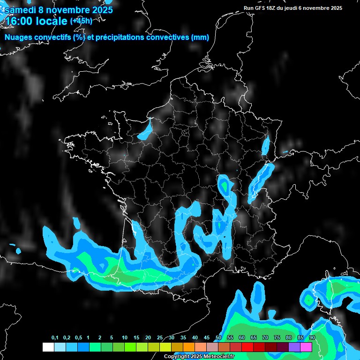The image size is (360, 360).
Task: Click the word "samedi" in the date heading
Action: (20, 10)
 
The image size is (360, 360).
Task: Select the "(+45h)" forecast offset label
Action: (81, 21)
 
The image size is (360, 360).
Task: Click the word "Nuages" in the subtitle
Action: (19, 37)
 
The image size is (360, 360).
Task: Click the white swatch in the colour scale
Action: (48, 347)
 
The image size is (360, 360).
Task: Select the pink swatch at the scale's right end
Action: (306, 347)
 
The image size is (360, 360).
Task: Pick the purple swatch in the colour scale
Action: (294, 347)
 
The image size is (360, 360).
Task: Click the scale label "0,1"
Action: (55, 338)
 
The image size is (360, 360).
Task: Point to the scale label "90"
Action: (312, 338)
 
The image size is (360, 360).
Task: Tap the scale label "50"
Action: (218, 338)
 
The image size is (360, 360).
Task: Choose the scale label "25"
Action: (160, 338)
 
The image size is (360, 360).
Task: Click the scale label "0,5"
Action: (78, 338)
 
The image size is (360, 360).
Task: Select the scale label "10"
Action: (125, 338)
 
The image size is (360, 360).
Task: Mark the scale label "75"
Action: (277, 338)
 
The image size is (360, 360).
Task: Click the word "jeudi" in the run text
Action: (297, 8)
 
